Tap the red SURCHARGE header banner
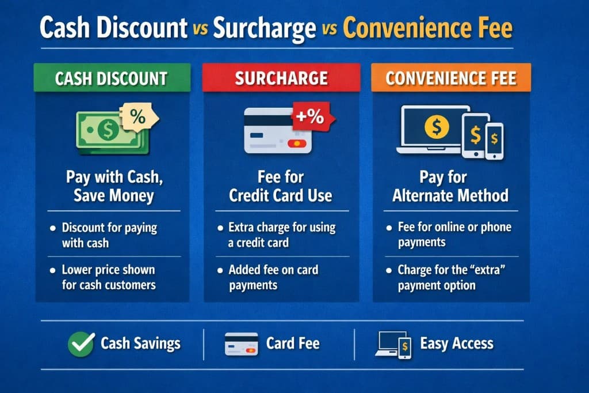pyautogui.click(x=281, y=78)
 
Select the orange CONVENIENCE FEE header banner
pyautogui.click(x=451, y=78)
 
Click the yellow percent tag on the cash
pyautogui.click(x=137, y=117)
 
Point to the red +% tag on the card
pyautogui.click(x=309, y=118)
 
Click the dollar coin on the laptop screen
pyautogui.click(x=437, y=127)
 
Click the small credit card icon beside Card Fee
pyautogui.click(x=241, y=345)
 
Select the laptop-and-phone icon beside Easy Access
pyautogui.click(x=393, y=345)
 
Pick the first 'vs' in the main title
pyautogui.click(x=200, y=30)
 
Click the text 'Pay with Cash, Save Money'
pyautogui.click(x=114, y=186)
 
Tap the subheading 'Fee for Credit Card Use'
pyautogui.click(x=280, y=186)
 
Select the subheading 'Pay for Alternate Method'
pyautogui.click(x=450, y=186)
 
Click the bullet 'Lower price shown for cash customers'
pyautogui.click(x=109, y=277)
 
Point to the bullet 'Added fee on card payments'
pyautogui.click(x=273, y=277)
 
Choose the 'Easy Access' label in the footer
pyautogui.click(x=457, y=344)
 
